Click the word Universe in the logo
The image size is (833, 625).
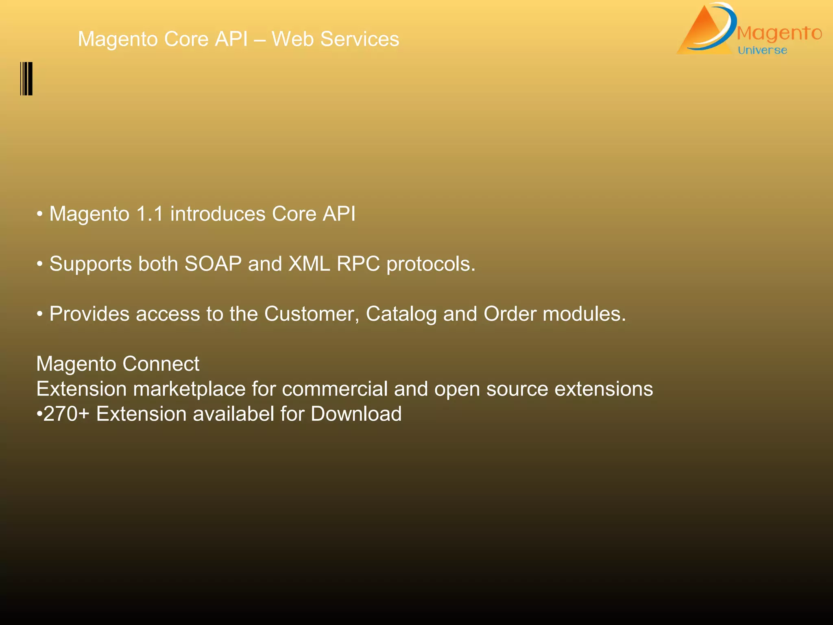pyautogui.click(x=762, y=50)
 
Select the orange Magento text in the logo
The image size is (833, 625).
pyautogui.click(x=779, y=33)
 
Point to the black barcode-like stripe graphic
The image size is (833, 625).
pyautogui.click(x=26, y=79)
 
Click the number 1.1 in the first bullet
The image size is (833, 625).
pyautogui.click(x=150, y=214)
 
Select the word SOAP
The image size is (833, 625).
pyautogui.click(x=213, y=264)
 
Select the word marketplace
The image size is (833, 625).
pyautogui.click(x=189, y=389)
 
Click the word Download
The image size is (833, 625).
pyautogui.click(x=356, y=414)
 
